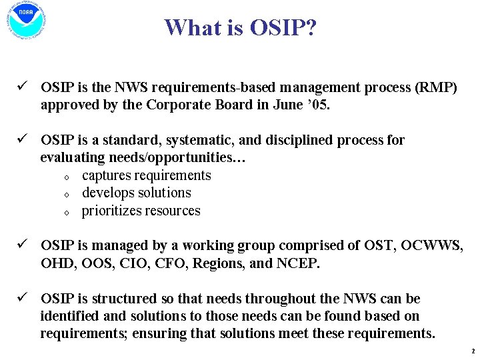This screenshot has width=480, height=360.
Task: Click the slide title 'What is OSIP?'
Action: click(240, 27)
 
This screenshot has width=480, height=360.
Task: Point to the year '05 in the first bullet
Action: click(318, 105)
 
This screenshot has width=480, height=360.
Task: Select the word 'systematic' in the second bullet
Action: click(197, 140)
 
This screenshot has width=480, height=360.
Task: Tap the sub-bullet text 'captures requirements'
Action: click(146, 175)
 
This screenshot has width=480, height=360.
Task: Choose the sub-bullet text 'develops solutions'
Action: click(136, 193)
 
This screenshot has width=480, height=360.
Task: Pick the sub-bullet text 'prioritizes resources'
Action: click(141, 211)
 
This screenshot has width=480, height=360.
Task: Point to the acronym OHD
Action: click(57, 263)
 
